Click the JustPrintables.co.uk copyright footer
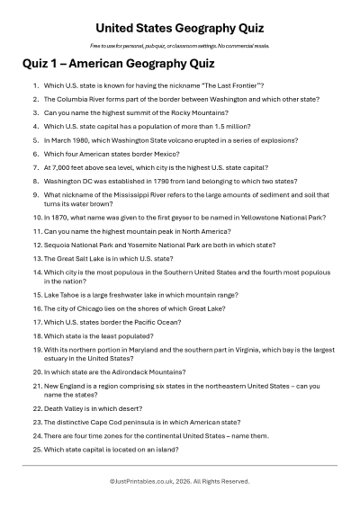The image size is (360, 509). click(180, 481)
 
